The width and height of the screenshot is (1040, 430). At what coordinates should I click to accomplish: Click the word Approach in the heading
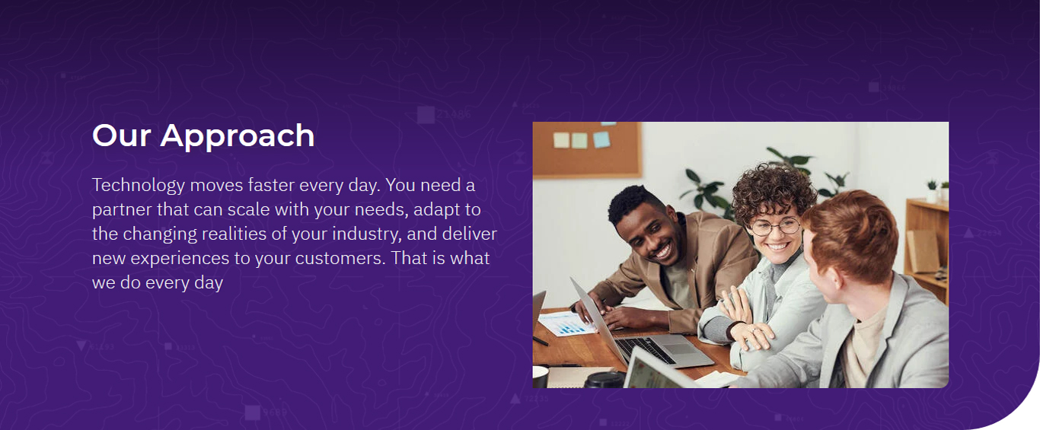tap(238, 136)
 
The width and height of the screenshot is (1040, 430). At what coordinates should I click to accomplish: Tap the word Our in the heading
tap(122, 135)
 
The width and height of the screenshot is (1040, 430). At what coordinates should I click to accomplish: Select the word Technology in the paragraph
tap(139, 186)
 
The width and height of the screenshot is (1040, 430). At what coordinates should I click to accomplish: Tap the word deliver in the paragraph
tap(470, 234)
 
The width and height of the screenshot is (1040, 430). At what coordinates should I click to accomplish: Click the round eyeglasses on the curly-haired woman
tap(775, 227)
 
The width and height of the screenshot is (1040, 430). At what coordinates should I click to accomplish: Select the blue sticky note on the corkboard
tap(601, 139)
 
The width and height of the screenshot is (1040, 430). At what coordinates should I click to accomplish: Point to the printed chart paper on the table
tap(566, 323)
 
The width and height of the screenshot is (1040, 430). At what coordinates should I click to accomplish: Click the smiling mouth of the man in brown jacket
tap(662, 252)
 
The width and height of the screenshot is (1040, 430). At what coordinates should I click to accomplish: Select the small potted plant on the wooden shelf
tap(932, 191)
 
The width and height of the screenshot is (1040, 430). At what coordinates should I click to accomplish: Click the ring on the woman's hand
tap(753, 331)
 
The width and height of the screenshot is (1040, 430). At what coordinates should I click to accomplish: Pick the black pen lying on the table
tap(541, 341)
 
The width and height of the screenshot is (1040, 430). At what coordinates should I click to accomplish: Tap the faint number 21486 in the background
tap(454, 114)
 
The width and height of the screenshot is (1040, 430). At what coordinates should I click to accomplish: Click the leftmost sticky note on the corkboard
tap(561, 140)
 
